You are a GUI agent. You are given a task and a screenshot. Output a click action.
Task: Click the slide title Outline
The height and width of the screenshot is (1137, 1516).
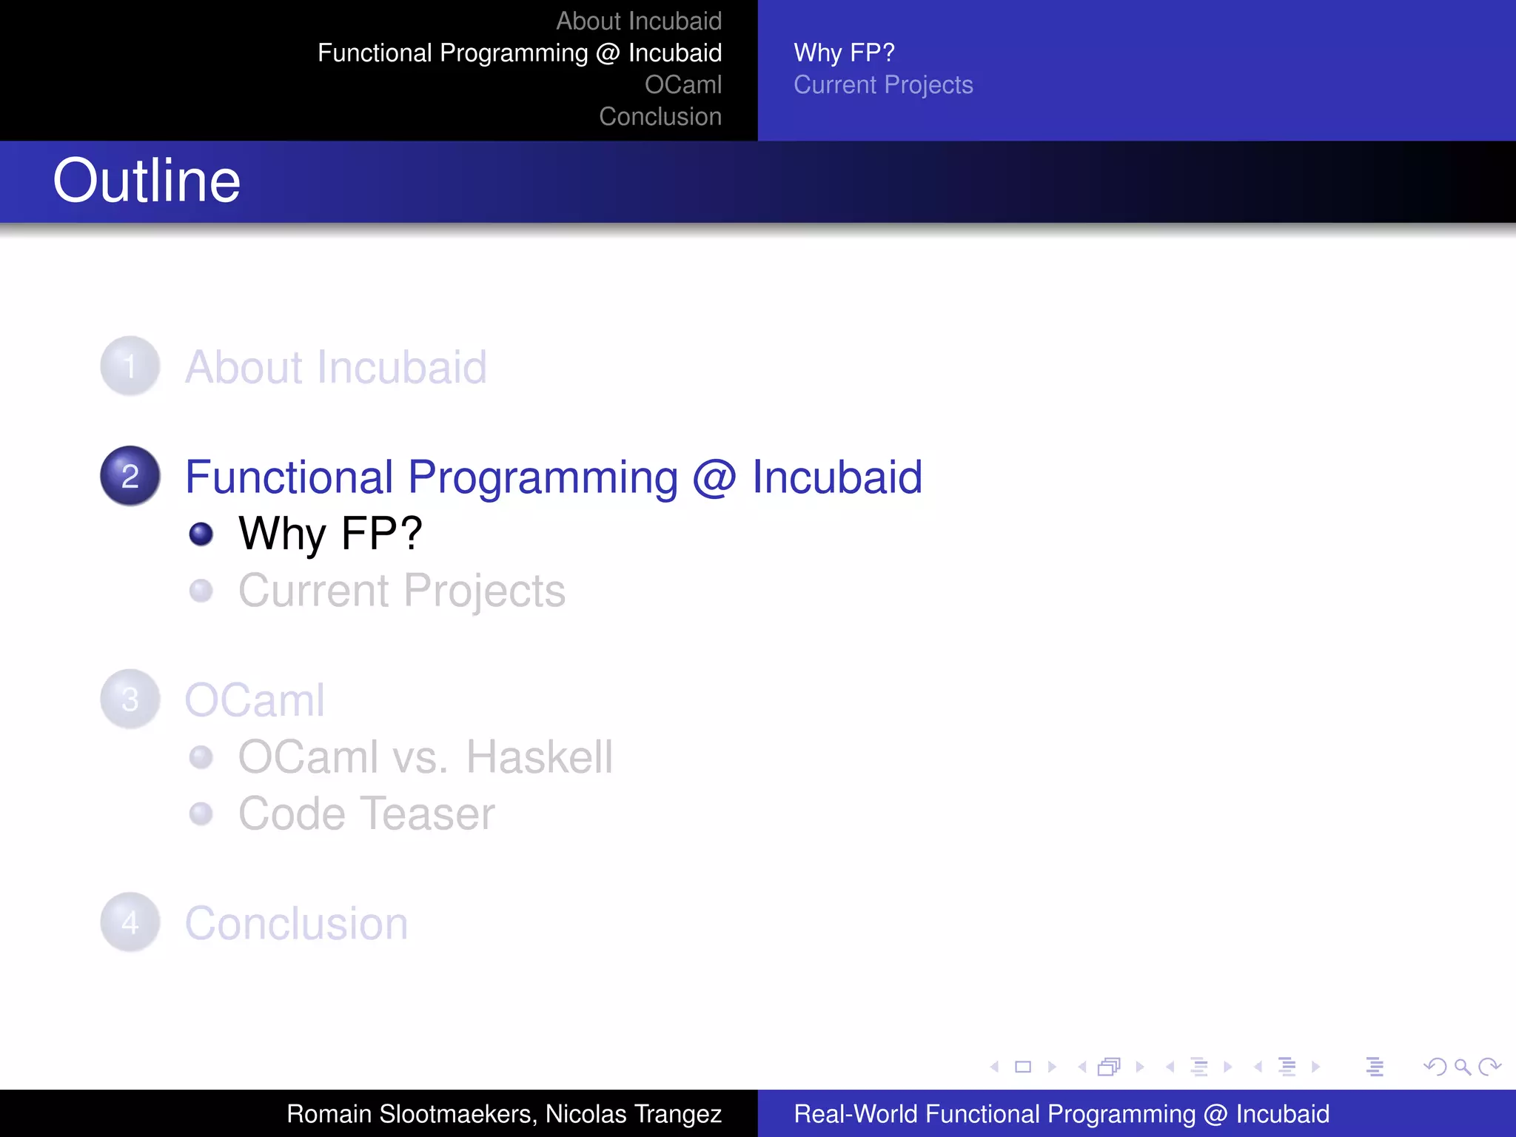click(147, 181)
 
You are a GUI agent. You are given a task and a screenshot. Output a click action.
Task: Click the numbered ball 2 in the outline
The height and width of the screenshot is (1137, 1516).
click(130, 476)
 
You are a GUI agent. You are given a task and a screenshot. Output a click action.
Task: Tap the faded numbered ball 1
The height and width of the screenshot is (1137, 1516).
click(130, 366)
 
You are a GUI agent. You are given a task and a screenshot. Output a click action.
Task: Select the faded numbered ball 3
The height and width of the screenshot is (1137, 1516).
click(130, 700)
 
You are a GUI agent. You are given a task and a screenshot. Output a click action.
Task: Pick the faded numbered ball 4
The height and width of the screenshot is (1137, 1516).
click(130, 922)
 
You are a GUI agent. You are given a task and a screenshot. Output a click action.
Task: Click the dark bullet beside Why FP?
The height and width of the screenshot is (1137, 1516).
click(201, 534)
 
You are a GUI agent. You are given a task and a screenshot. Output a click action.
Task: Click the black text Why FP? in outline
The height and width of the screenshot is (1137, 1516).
click(330, 534)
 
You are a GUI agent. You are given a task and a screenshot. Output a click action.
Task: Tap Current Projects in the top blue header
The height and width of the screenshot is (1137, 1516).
click(882, 85)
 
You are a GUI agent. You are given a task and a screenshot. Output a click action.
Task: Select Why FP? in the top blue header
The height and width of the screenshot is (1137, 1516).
click(844, 53)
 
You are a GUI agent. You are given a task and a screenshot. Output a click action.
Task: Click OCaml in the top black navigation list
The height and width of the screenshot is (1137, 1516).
click(682, 85)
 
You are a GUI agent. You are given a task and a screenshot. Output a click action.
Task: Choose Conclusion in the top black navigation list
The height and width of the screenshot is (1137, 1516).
click(660, 117)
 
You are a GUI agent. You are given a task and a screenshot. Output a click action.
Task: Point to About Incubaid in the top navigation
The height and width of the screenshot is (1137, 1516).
click(638, 21)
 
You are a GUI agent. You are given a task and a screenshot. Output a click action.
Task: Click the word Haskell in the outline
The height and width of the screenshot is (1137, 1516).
click(539, 757)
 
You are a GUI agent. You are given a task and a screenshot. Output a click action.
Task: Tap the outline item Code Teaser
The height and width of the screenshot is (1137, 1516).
click(366, 814)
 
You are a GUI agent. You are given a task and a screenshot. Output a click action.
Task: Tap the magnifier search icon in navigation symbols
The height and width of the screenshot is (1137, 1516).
click(1462, 1067)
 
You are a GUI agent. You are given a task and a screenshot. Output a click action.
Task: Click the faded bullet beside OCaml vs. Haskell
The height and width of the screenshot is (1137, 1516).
click(201, 757)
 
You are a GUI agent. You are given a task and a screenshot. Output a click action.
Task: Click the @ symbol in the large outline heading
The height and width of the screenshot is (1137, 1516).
click(714, 477)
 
